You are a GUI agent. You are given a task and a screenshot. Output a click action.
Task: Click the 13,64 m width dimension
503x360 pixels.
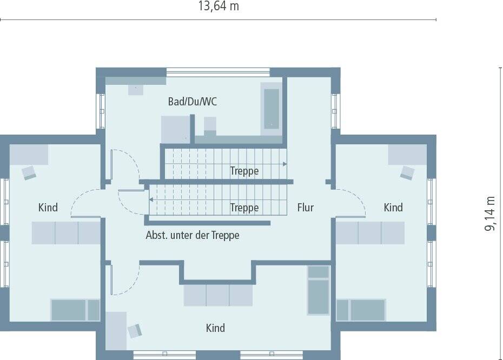(219, 7)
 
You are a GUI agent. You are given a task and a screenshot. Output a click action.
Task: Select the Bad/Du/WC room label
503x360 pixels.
(193, 102)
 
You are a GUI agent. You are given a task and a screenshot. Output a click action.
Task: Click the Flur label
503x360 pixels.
(305, 208)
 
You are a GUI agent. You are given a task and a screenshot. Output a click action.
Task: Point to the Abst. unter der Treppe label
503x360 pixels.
(193, 236)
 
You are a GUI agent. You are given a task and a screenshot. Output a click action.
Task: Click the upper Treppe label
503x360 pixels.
(244, 171)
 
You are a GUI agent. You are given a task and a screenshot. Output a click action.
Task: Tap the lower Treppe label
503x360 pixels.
(244, 208)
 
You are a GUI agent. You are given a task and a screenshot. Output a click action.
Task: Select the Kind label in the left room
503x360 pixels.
(48, 208)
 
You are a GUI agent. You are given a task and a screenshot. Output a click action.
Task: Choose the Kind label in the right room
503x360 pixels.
(393, 208)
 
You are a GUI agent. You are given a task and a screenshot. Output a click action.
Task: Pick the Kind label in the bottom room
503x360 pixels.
(215, 328)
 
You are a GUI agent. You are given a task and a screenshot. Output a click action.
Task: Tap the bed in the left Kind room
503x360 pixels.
(75, 310)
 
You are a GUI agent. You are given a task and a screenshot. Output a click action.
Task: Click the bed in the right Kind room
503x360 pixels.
(361, 310)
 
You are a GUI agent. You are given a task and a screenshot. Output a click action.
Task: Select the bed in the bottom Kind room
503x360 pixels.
(319, 290)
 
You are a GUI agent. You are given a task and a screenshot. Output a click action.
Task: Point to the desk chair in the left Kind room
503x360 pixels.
(29, 173)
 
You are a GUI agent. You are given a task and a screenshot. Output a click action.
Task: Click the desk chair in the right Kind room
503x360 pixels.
(407, 173)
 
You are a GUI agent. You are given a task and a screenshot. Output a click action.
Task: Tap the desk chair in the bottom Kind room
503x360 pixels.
(135, 331)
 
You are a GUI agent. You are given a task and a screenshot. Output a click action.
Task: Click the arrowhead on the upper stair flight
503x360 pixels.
(284, 164)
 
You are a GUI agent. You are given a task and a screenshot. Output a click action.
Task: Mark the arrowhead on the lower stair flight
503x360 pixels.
(151, 199)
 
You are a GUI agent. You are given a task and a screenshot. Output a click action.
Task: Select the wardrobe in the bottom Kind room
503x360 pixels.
(218, 295)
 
